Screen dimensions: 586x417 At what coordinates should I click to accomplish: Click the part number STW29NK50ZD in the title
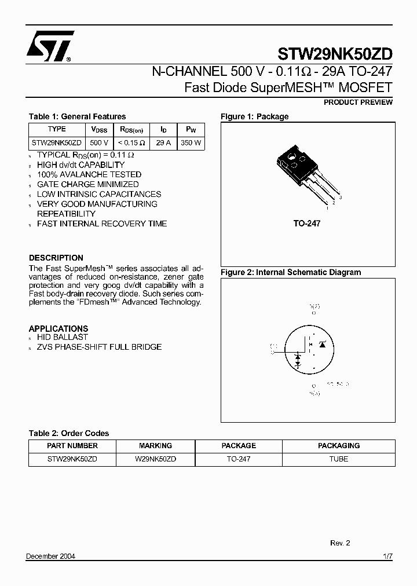[335, 54]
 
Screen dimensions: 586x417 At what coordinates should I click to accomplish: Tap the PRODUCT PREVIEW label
[357, 102]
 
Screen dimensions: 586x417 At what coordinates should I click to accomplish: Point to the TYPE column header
[57, 129]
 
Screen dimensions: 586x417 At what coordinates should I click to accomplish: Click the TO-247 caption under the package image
[306, 223]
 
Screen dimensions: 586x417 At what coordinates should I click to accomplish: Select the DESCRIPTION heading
[56, 258]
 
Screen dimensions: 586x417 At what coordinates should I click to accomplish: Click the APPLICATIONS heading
[58, 328]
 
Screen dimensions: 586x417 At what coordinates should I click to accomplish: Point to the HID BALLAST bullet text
[63, 337]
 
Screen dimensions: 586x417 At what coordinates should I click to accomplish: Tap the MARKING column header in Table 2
[155, 446]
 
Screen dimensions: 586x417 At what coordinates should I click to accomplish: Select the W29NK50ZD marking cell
[155, 459]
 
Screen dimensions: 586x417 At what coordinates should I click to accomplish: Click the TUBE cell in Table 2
[338, 459]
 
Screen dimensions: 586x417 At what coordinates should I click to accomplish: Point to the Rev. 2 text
[340, 543]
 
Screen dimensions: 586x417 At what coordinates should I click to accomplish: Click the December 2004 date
[50, 556]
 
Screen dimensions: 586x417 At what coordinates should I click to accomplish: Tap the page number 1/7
[387, 556]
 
